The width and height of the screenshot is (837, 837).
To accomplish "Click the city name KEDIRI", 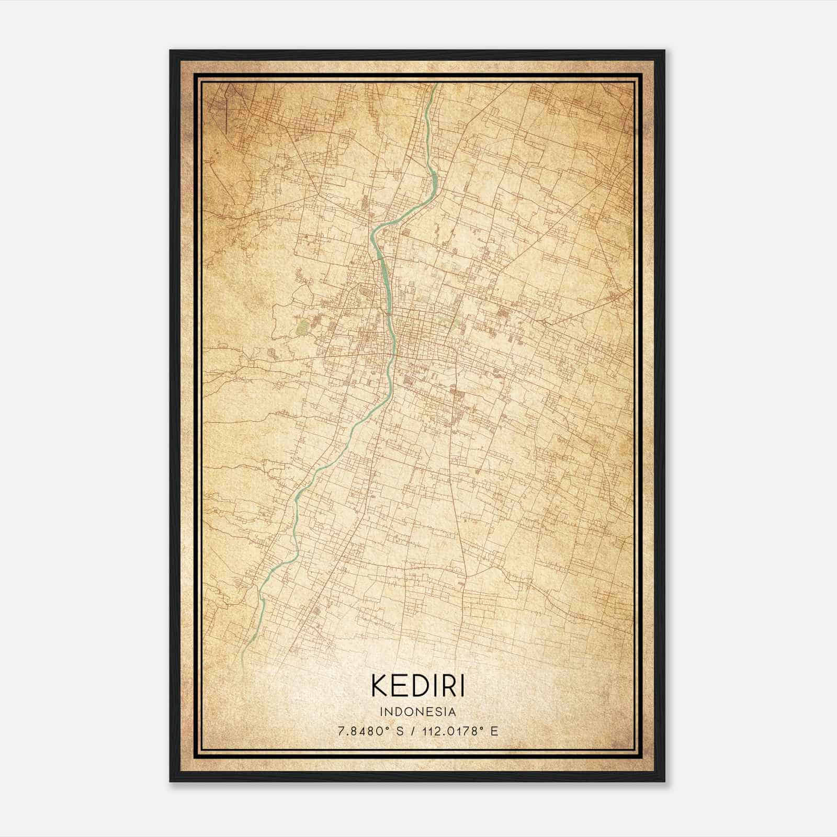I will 418,685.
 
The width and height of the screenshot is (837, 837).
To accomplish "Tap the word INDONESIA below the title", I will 418,712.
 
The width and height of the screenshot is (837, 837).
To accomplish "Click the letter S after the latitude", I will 400,731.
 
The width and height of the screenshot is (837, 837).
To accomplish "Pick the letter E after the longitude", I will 494,731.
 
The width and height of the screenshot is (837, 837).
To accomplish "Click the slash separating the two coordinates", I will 413,731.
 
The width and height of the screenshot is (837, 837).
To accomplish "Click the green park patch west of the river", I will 302,327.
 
